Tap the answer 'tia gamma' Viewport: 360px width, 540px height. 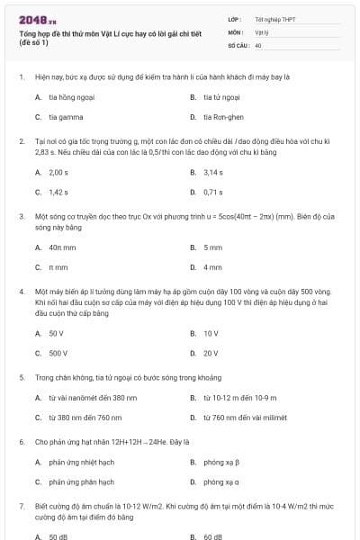pos(62,117)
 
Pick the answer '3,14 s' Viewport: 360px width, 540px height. pos(213,172)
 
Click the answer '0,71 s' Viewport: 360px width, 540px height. pos(213,192)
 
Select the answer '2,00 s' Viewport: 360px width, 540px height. pos(58,172)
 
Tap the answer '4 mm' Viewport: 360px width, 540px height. pos(212,267)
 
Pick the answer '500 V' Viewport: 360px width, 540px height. pos(58,354)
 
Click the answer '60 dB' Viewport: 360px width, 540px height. pos(212,537)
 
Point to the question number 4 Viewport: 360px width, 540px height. pos(21,292)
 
